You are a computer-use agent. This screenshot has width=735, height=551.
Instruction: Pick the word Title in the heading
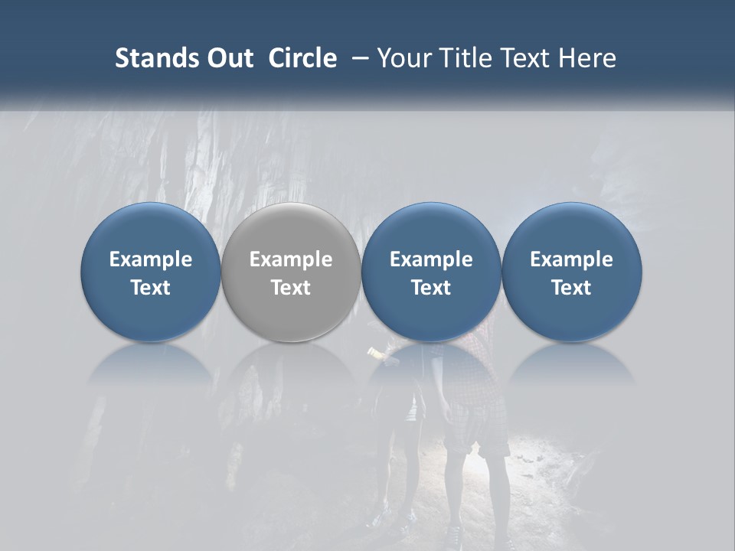(461, 58)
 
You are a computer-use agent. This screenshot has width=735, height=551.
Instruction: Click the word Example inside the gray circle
(291, 259)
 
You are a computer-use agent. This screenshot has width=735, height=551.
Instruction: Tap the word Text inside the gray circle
(291, 288)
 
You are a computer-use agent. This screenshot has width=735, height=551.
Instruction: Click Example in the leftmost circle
(151, 259)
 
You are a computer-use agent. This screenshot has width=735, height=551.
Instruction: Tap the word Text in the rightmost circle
(572, 288)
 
